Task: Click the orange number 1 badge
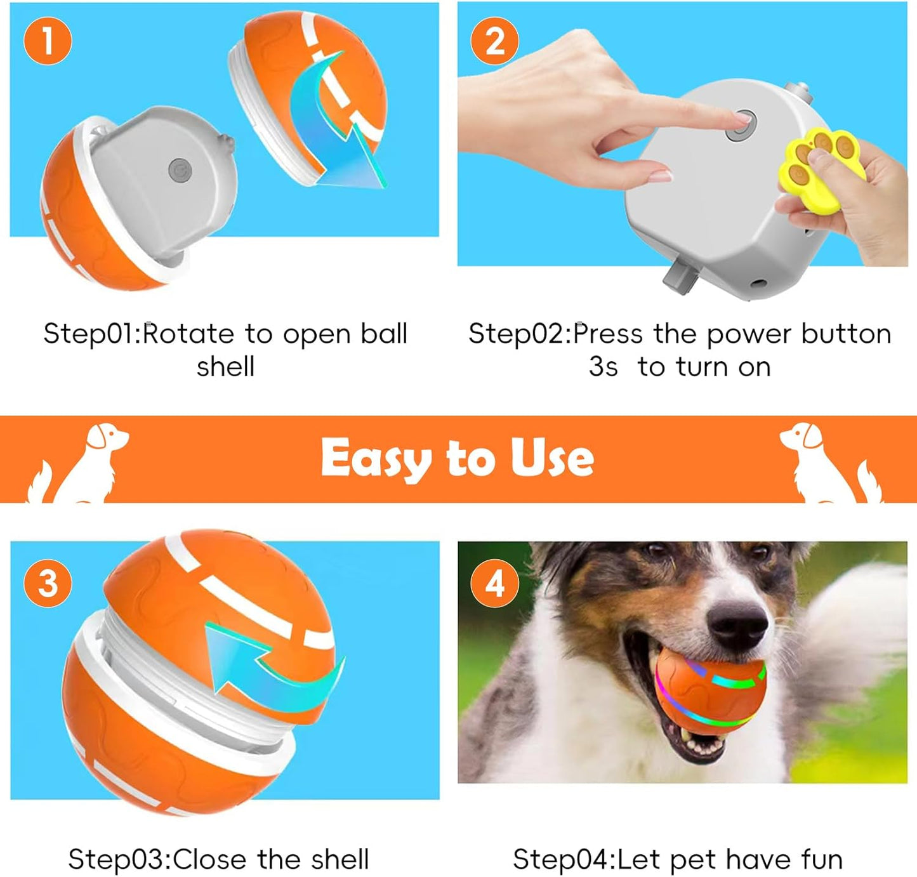tap(48, 41)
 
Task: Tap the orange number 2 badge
tap(494, 41)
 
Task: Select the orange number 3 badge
tap(48, 583)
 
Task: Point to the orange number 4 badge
tap(494, 583)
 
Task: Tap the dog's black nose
tap(738, 621)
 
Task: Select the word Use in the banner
tap(552, 458)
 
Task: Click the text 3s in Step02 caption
tap(603, 367)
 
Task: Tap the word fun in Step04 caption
tap(822, 860)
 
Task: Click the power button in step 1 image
tap(180, 170)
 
